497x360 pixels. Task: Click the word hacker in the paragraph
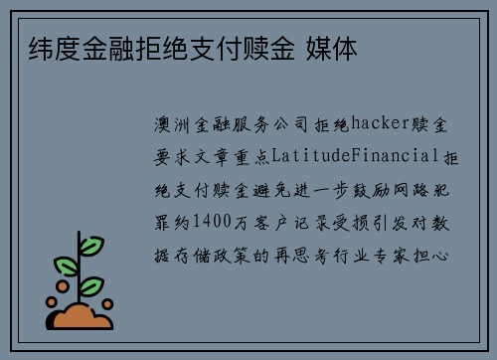click(x=377, y=126)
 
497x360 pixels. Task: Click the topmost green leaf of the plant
click(x=90, y=245)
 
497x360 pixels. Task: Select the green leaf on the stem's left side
click(x=66, y=268)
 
